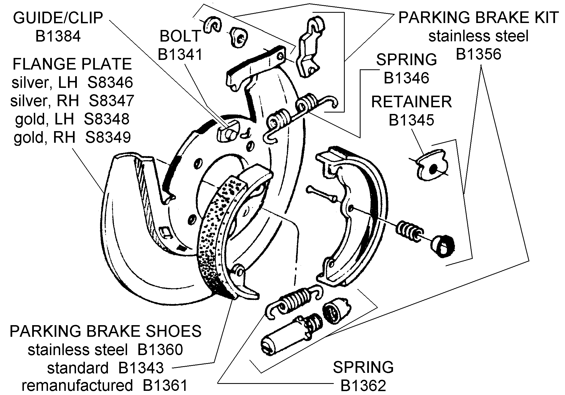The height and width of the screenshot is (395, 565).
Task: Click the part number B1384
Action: coord(58,36)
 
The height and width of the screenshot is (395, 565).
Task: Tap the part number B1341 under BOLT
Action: coord(180,54)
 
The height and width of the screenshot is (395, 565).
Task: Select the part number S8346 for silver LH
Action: coord(110,82)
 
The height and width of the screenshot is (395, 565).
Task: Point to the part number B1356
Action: coord(478,54)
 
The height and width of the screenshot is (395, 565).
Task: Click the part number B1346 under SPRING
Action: coord(406,78)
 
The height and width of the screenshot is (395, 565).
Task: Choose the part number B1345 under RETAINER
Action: coord(411,120)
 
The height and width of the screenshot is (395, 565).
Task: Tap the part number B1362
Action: coord(363,385)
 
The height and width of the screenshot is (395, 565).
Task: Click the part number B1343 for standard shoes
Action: coord(141,368)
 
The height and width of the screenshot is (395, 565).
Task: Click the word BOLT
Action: coord(180,36)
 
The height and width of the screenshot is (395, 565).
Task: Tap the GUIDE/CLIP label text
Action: coord(58,18)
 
